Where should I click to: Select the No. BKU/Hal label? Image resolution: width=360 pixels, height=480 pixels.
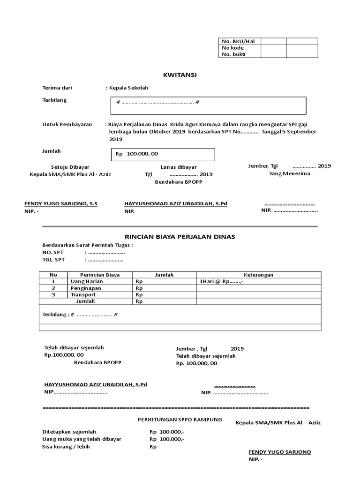pyautogui.click(x=235, y=41)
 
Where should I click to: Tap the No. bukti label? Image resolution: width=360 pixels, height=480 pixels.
pyautogui.click(x=233, y=54)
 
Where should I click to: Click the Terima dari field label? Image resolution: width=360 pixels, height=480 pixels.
pyautogui.click(x=57, y=88)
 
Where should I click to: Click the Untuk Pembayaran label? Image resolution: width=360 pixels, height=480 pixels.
pyautogui.click(x=67, y=124)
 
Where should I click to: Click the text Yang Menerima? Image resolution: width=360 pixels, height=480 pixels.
pyautogui.click(x=289, y=173)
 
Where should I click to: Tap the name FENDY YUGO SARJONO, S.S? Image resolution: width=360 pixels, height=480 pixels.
pyautogui.click(x=61, y=204)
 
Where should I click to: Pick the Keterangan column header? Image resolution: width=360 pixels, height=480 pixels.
pyautogui.click(x=258, y=275)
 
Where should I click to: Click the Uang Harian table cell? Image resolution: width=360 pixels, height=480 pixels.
pyautogui.click(x=87, y=281)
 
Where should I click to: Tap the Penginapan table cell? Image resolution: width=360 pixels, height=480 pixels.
pyautogui.click(x=86, y=288)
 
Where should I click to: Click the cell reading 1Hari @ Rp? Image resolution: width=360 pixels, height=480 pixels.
pyautogui.click(x=220, y=282)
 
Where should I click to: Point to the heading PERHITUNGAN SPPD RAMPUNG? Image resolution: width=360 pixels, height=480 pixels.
pyautogui.click(x=180, y=419)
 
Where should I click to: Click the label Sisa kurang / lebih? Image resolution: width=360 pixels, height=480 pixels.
pyautogui.click(x=66, y=446)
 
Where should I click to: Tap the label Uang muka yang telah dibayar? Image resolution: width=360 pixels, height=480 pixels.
pyautogui.click(x=82, y=439)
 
